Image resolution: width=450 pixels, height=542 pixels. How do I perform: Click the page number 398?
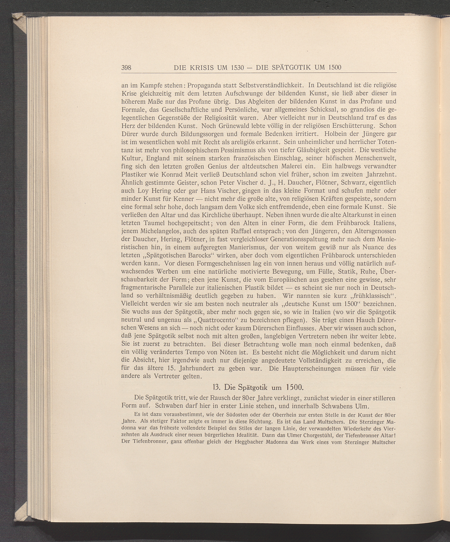click(127, 68)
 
